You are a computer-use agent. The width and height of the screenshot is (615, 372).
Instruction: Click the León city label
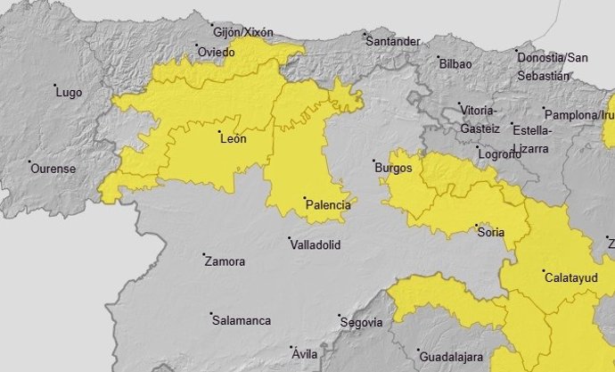tap(232, 138)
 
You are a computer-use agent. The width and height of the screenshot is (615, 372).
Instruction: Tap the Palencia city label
tap(328, 205)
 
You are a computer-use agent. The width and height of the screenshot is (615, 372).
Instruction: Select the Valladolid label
tap(315, 244)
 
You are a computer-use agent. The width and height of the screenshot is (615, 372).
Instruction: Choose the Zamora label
tap(225, 262)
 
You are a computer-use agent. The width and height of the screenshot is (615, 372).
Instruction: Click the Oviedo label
tap(217, 51)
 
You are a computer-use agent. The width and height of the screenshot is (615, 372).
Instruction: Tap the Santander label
tap(393, 41)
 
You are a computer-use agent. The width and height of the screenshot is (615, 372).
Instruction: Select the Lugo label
tap(69, 92)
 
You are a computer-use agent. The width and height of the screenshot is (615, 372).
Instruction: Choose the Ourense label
tap(53, 169)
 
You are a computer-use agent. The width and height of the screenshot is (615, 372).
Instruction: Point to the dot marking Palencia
tap(304, 198)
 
